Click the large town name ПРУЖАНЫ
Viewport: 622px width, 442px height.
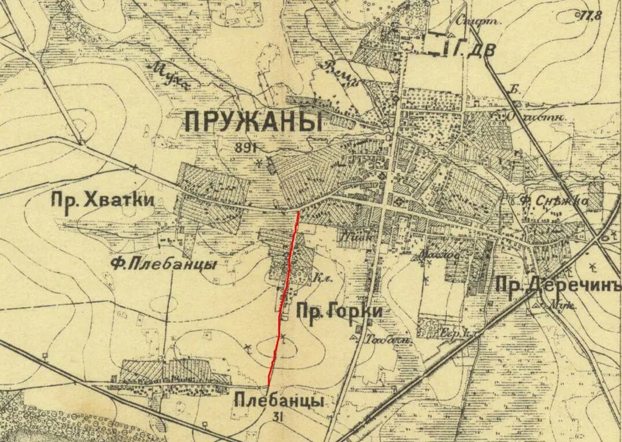pyautogui.click(x=253, y=122)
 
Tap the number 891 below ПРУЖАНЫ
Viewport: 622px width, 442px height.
pyautogui.click(x=245, y=147)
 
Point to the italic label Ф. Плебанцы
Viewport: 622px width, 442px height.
pyautogui.click(x=164, y=264)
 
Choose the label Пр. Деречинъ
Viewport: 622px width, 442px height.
pyautogui.click(x=558, y=287)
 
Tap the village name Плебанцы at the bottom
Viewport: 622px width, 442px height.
pyautogui.click(x=279, y=400)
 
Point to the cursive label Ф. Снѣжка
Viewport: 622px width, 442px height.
pyautogui.click(x=553, y=201)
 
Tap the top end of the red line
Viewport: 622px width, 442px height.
pyautogui.click(x=299, y=212)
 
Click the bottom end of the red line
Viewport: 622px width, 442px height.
pyautogui.click(x=269, y=385)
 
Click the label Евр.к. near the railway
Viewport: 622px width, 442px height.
pyautogui.click(x=454, y=334)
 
